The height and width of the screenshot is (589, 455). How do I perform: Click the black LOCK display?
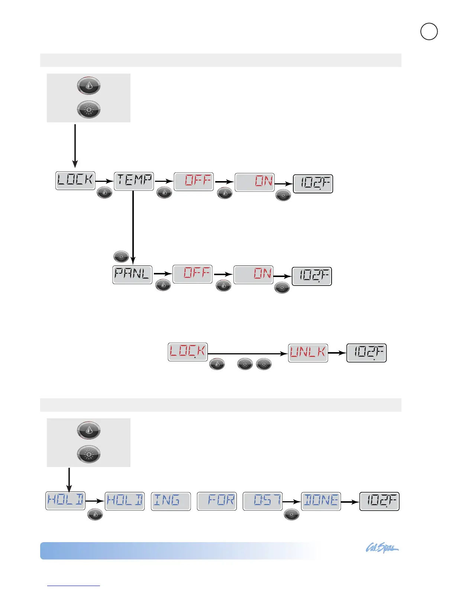click(x=75, y=181)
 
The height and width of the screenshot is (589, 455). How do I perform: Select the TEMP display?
click(x=134, y=181)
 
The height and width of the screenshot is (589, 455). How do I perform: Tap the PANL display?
click(x=132, y=275)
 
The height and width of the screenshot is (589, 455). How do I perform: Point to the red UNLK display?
click(x=308, y=353)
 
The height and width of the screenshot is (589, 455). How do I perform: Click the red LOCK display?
click(x=188, y=352)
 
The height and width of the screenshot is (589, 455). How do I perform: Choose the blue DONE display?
click(x=321, y=501)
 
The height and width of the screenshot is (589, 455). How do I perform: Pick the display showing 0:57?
click(x=262, y=501)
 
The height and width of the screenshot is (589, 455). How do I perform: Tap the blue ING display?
click(x=171, y=501)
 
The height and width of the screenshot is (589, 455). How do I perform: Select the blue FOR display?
click(x=217, y=501)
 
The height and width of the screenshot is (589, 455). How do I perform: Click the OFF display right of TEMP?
click(x=194, y=182)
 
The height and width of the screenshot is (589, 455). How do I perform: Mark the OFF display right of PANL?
click(x=193, y=274)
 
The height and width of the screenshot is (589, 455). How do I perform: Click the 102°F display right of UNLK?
click(x=367, y=353)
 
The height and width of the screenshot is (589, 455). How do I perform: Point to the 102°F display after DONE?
click(x=379, y=501)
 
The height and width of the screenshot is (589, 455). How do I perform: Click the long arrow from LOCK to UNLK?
click(x=248, y=354)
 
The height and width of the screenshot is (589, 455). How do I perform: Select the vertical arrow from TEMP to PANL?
click(x=133, y=227)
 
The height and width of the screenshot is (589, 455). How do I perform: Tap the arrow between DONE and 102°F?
click(x=350, y=502)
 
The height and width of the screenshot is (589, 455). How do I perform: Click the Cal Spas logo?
click(x=382, y=548)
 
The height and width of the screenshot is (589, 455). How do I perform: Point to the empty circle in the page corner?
click(x=429, y=32)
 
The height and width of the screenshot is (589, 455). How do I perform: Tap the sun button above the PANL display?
click(x=121, y=257)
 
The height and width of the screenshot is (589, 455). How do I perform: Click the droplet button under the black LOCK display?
click(x=104, y=193)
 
